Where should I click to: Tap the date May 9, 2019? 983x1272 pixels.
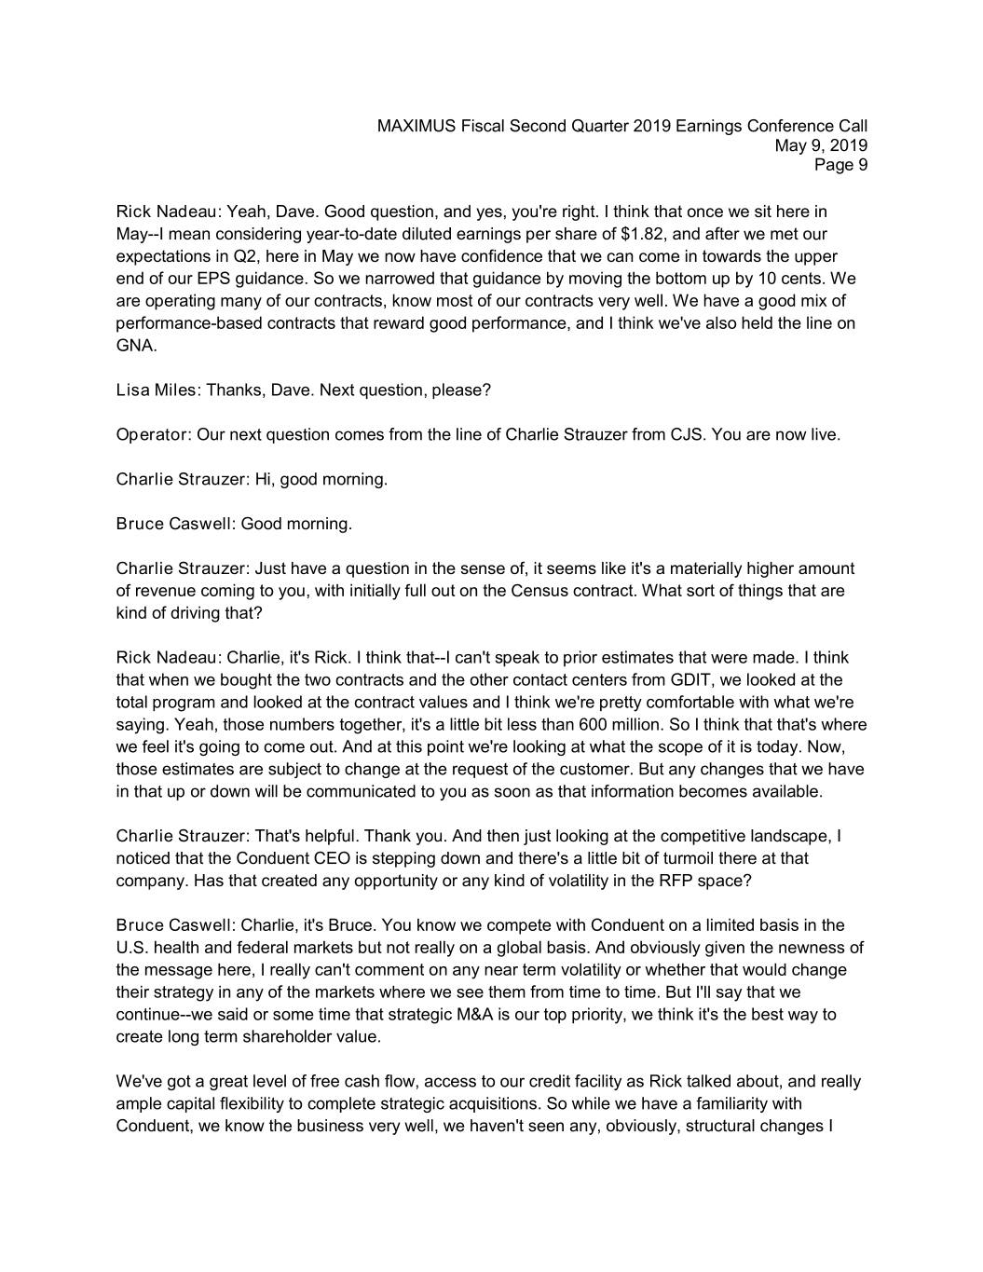(821, 145)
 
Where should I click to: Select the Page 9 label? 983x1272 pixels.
(840, 165)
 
